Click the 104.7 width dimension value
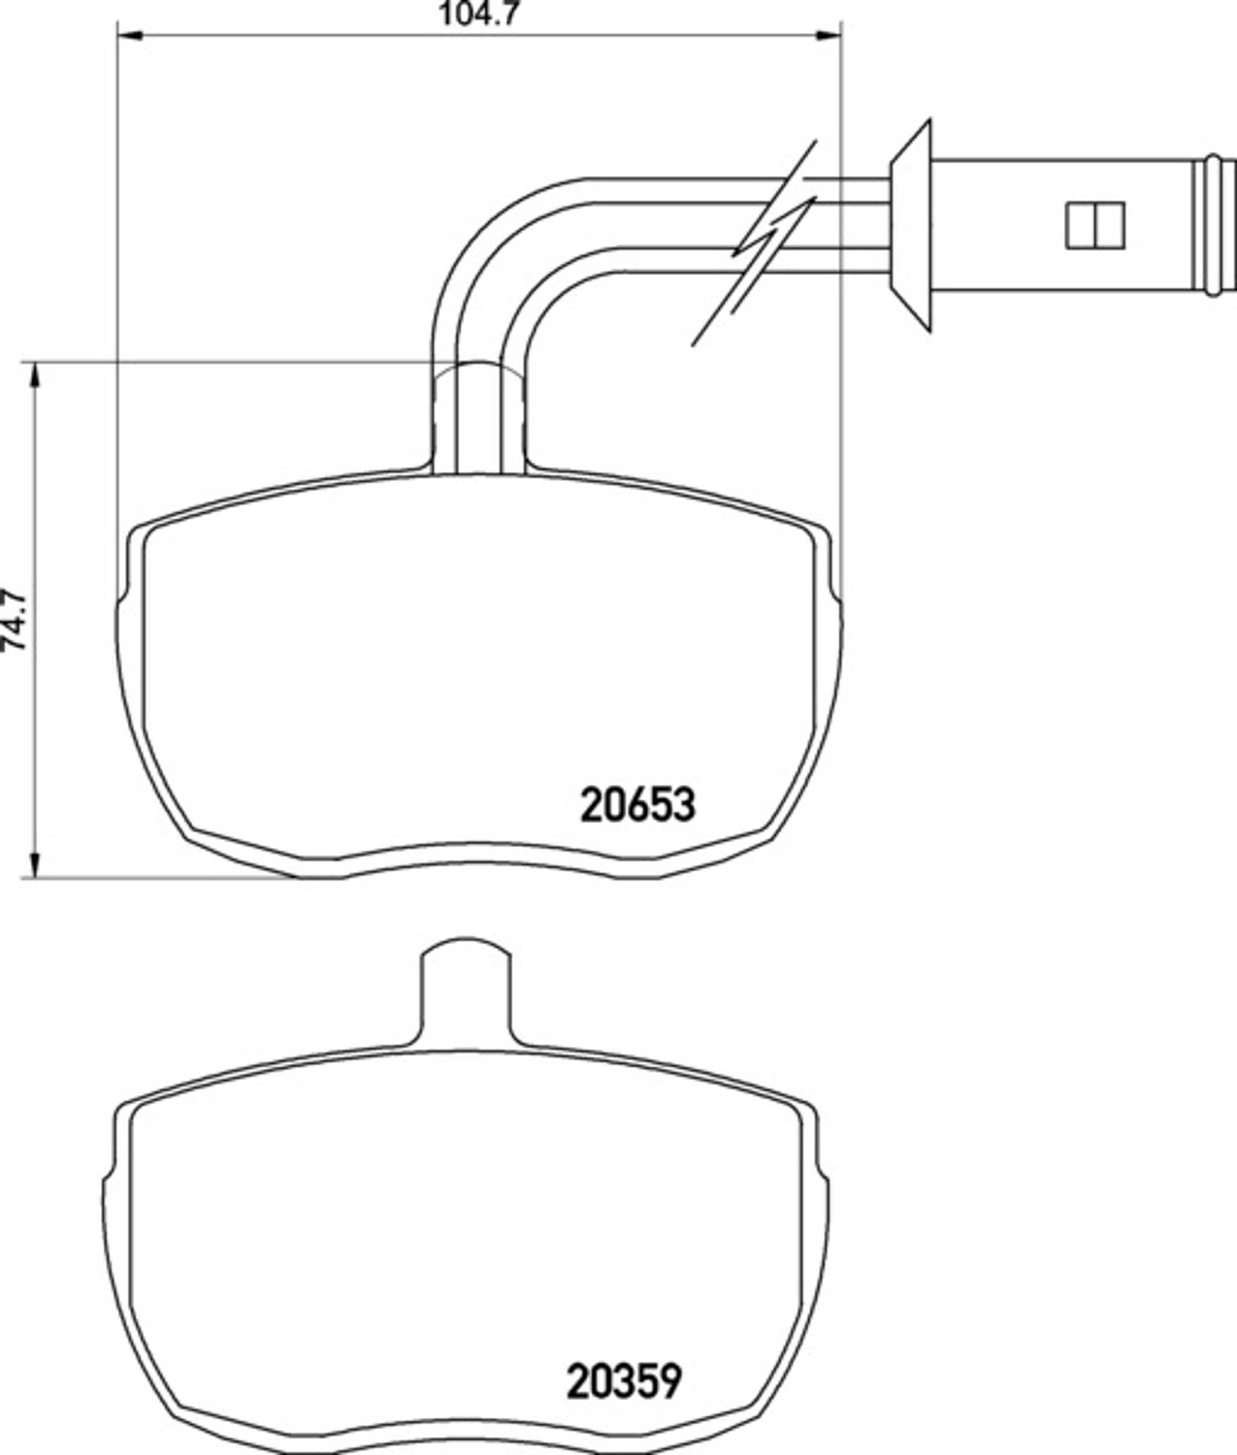pyautogui.click(x=480, y=13)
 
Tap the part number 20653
pyautogui.click(x=637, y=804)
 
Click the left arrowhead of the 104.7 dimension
pyautogui.click(x=130, y=35)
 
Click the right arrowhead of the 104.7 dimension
pyautogui.click(x=828, y=35)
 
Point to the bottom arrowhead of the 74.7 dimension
pyautogui.click(x=35, y=865)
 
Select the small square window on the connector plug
pyautogui.click(x=1095, y=226)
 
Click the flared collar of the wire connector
pyautogui.click(x=911, y=226)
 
